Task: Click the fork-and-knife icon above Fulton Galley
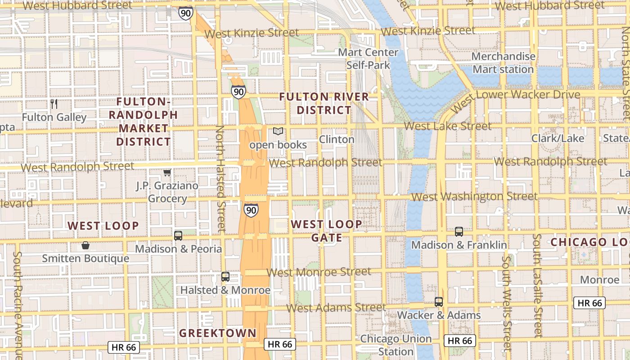pos(54,104)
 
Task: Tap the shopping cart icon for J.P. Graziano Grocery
pos(167,172)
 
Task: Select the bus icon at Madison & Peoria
pos(178,235)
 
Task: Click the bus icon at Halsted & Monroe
pos(225,277)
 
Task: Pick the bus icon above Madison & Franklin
pos(459,232)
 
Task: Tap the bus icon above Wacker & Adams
pos(439,302)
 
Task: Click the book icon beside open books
pos(278,131)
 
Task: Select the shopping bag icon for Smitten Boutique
pos(85,245)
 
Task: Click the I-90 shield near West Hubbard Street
pos(185,13)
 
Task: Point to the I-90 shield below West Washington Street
pos(251,210)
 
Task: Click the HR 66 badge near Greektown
pos(279,344)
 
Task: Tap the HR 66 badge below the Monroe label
pos(589,303)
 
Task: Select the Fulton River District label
pos(324,103)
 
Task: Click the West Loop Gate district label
pos(326,230)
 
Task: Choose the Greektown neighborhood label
pos(217,333)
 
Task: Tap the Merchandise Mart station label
pos(503,63)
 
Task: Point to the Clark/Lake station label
pos(558,138)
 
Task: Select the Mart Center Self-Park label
pos(368,58)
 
